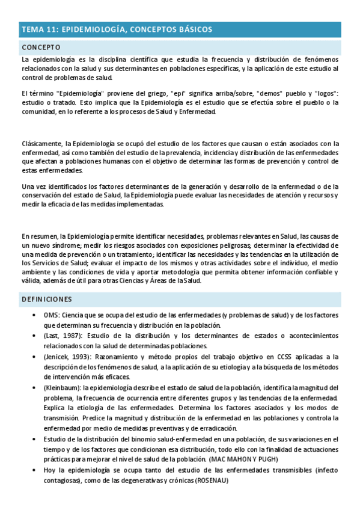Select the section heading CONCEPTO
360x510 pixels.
click(41, 47)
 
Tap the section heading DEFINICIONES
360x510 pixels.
click(47, 299)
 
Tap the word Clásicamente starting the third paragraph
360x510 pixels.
click(42, 144)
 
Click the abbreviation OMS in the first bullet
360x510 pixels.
click(50, 315)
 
